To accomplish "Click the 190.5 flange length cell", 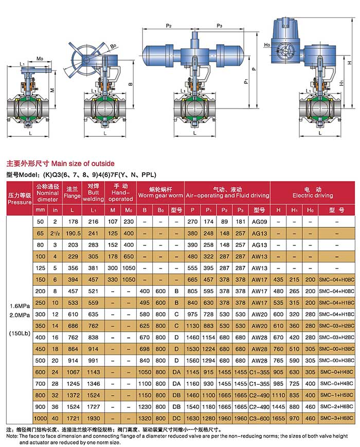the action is coord(73,234).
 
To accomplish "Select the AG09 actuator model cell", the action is coord(259,222).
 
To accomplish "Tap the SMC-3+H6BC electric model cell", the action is coord(337,418).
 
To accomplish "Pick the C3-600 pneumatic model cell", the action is coord(259,419).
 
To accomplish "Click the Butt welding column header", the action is coord(94,192).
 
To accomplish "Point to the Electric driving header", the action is coord(313,193).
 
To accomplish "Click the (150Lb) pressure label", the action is coord(20,333).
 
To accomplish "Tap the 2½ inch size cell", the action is coord(55,234).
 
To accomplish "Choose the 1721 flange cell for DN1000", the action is coord(73,419).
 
